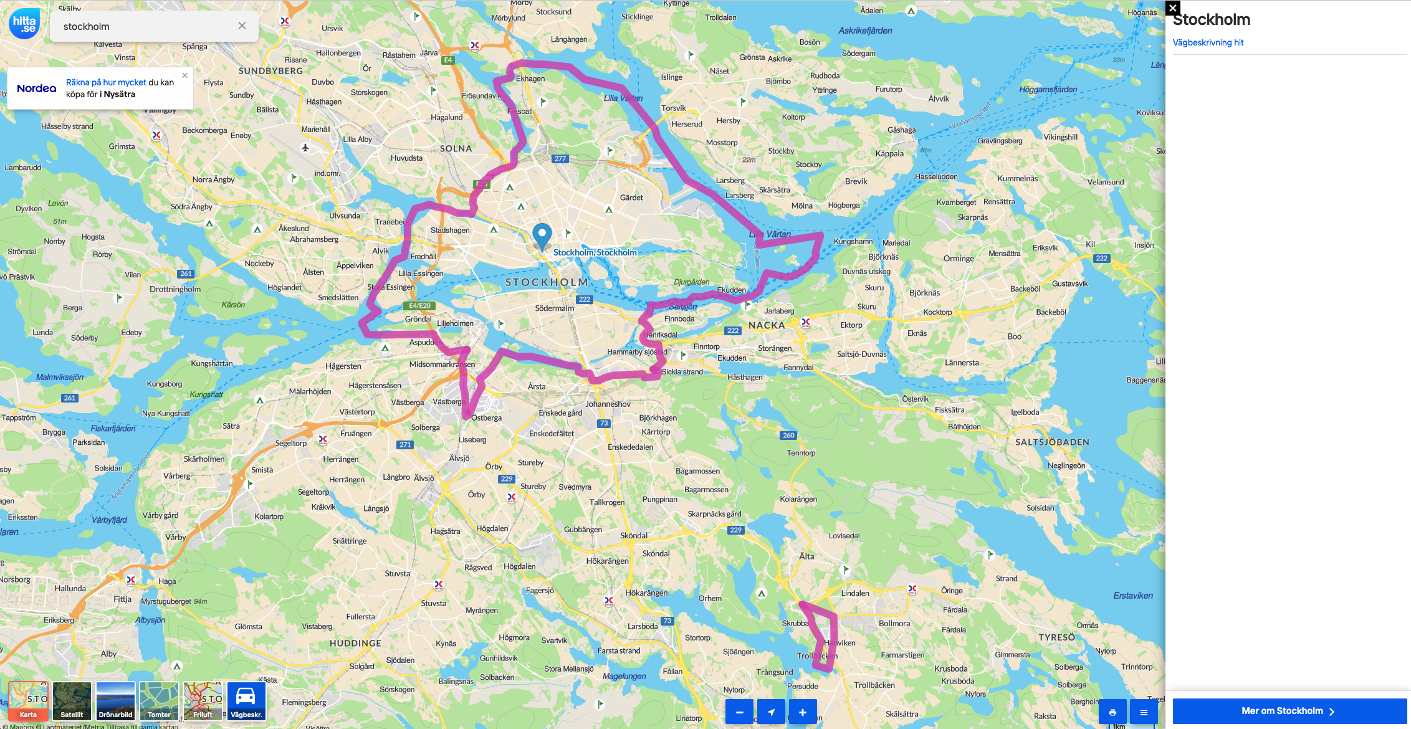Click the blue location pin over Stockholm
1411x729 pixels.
point(542,236)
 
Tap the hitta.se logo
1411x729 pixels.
point(24,24)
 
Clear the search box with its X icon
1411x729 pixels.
point(242,26)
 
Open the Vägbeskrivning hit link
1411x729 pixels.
point(1208,42)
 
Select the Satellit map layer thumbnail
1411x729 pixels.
point(72,701)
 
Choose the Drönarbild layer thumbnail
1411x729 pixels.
point(115,701)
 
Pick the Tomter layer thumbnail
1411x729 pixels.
point(159,701)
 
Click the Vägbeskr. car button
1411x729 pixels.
point(246,701)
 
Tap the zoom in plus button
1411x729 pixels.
point(803,712)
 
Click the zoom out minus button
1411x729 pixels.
point(739,712)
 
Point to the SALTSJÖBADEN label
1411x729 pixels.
point(1052,442)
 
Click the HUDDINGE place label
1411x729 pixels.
point(355,643)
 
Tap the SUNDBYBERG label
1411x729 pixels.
point(270,71)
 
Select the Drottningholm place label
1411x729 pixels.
point(175,289)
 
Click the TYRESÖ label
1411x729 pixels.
point(1056,637)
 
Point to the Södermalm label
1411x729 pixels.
point(554,308)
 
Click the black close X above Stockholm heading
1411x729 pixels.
point(1173,8)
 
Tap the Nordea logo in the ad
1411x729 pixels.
point(37,88)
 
